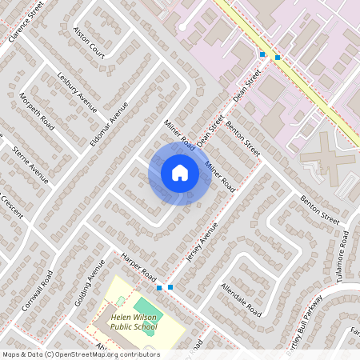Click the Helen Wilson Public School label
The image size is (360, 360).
134,322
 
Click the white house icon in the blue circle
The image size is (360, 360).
179,173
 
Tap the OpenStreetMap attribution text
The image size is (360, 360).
80,354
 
